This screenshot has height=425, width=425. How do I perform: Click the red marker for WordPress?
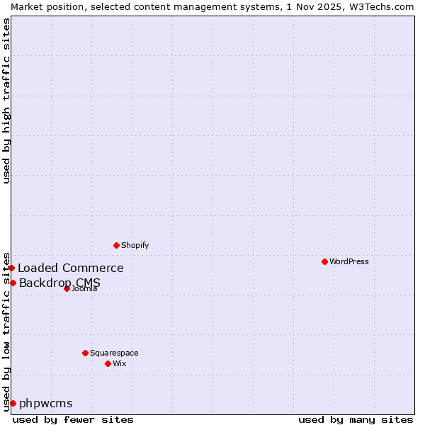[324, 261]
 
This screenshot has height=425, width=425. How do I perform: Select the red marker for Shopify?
[116, 245]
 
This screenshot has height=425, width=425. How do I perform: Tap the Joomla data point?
[67, 288]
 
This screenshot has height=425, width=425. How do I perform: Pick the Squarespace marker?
[85, 353]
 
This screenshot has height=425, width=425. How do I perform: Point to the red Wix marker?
[108, 363]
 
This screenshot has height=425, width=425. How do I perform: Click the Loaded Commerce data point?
[12, 268]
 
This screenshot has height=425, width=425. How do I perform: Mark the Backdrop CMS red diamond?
[13, 283]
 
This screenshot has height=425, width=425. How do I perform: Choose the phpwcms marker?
[13, 403]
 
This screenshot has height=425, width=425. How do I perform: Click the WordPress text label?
[349, 261]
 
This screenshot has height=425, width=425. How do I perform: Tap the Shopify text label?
[135, 245]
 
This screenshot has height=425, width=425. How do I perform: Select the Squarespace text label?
[114, 353]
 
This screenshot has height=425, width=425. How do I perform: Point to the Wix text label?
[119, 363]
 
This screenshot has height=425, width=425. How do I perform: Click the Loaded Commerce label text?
[70, 268]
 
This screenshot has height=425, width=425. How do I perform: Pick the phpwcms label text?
[45, 403]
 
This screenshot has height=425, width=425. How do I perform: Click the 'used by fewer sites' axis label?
[73, 419]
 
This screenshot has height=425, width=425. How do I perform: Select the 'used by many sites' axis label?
[356, 419]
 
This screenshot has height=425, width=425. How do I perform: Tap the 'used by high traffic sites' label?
[6, 101]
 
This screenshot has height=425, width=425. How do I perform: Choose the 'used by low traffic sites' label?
[6, 331]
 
